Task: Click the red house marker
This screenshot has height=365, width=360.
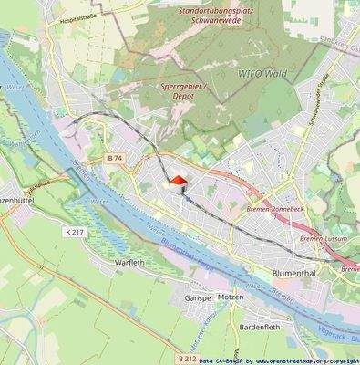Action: point(180,184)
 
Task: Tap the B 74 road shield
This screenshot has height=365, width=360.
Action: point(114,158)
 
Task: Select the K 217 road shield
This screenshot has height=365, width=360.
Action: point(76,233)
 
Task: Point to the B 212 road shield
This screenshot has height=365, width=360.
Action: point(184,347)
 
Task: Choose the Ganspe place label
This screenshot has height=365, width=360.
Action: point(198,297)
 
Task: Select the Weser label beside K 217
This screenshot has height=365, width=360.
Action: point(98,201)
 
